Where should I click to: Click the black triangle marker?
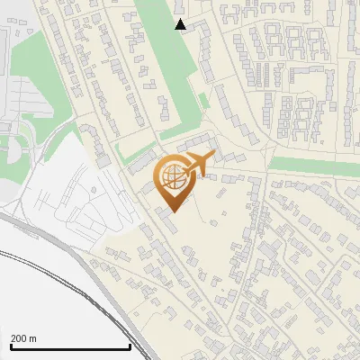[181, 24]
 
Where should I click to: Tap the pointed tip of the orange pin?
[171, 212]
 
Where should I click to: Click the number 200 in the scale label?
[20, 338]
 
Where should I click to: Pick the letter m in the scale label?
[33, 338]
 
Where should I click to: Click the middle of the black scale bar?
[70, 346]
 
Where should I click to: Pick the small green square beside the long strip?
[204, 100]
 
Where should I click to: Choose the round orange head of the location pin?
[171, 178]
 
